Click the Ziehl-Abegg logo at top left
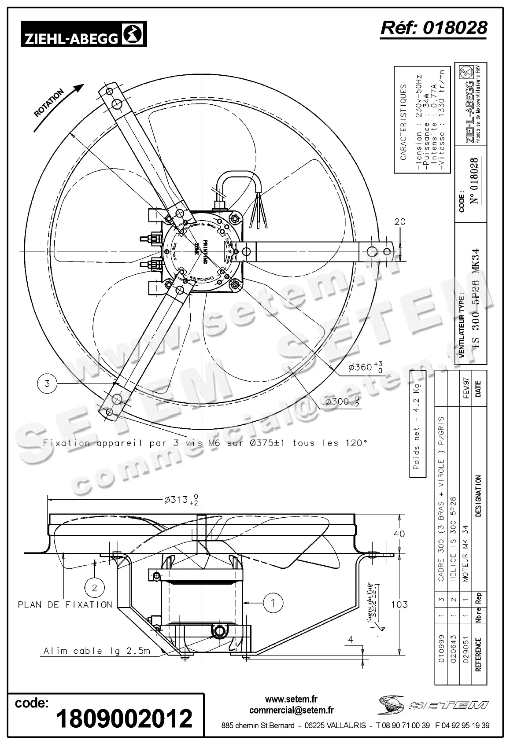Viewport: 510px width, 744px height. point(84,35)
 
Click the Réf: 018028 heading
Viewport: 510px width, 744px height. point(434,27)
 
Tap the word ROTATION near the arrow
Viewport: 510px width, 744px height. point(49,103)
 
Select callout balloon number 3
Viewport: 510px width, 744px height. point(48,383)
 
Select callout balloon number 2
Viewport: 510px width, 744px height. point(94,587)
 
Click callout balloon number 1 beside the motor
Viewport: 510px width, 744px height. point(273,602)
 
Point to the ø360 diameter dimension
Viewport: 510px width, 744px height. point(364,366)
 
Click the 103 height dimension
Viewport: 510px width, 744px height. point(399,604)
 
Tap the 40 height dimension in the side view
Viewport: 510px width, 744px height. point(399,534)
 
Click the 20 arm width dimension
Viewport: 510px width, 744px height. point(400,222)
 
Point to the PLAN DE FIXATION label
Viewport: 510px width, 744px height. point(65,605)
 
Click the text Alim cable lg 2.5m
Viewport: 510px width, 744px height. point(97,651)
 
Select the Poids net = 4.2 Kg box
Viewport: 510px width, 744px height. point(417,424)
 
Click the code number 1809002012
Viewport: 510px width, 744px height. point(125,718)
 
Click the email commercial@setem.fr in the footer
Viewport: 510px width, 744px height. point(291,710)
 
